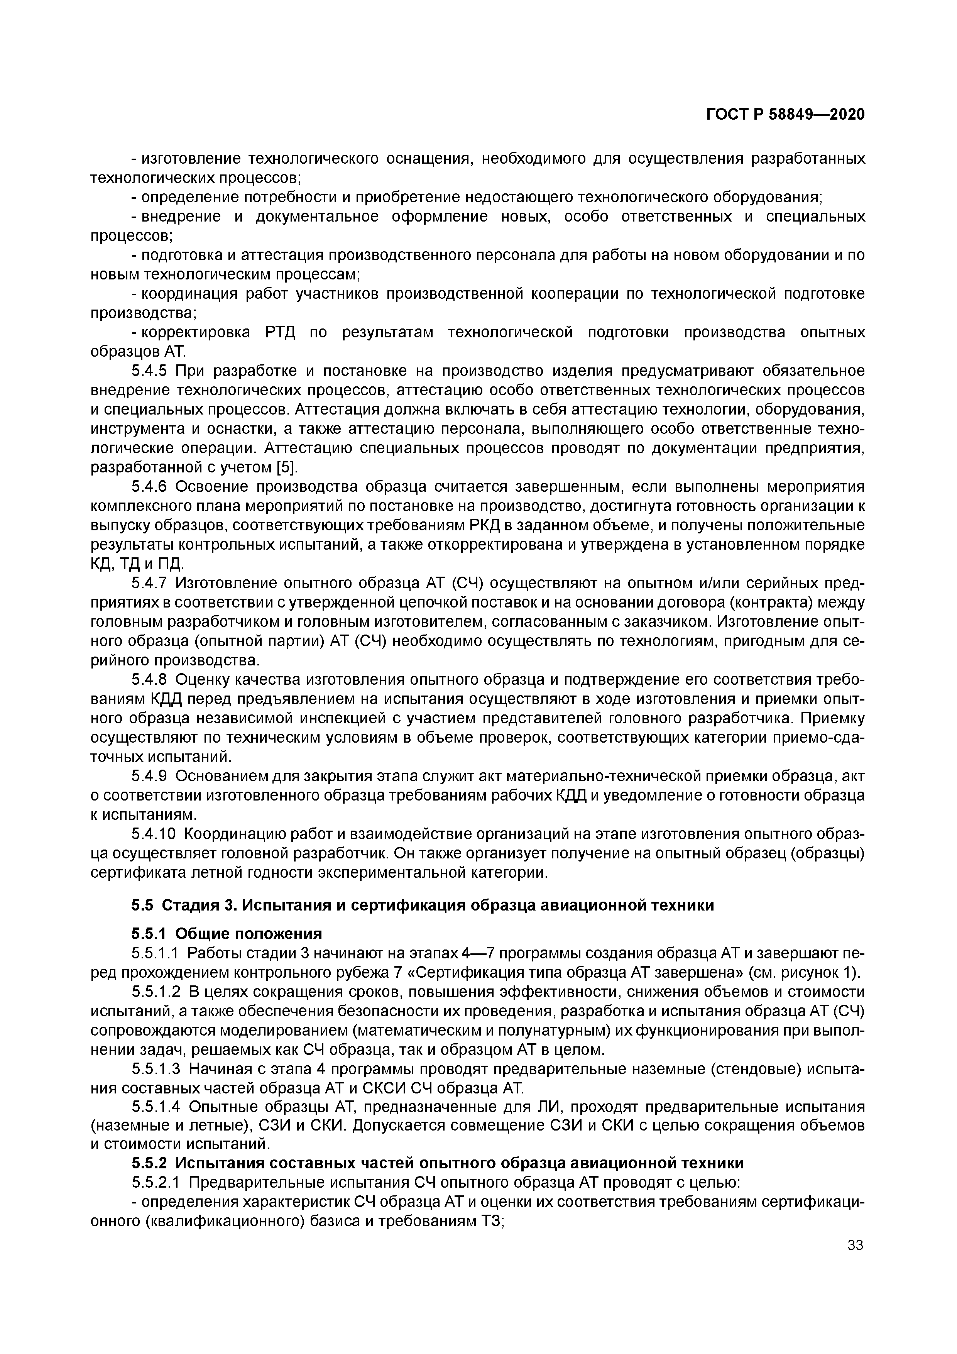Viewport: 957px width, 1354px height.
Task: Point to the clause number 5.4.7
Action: point(150,584)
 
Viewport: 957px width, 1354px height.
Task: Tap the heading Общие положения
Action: point(249,934)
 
